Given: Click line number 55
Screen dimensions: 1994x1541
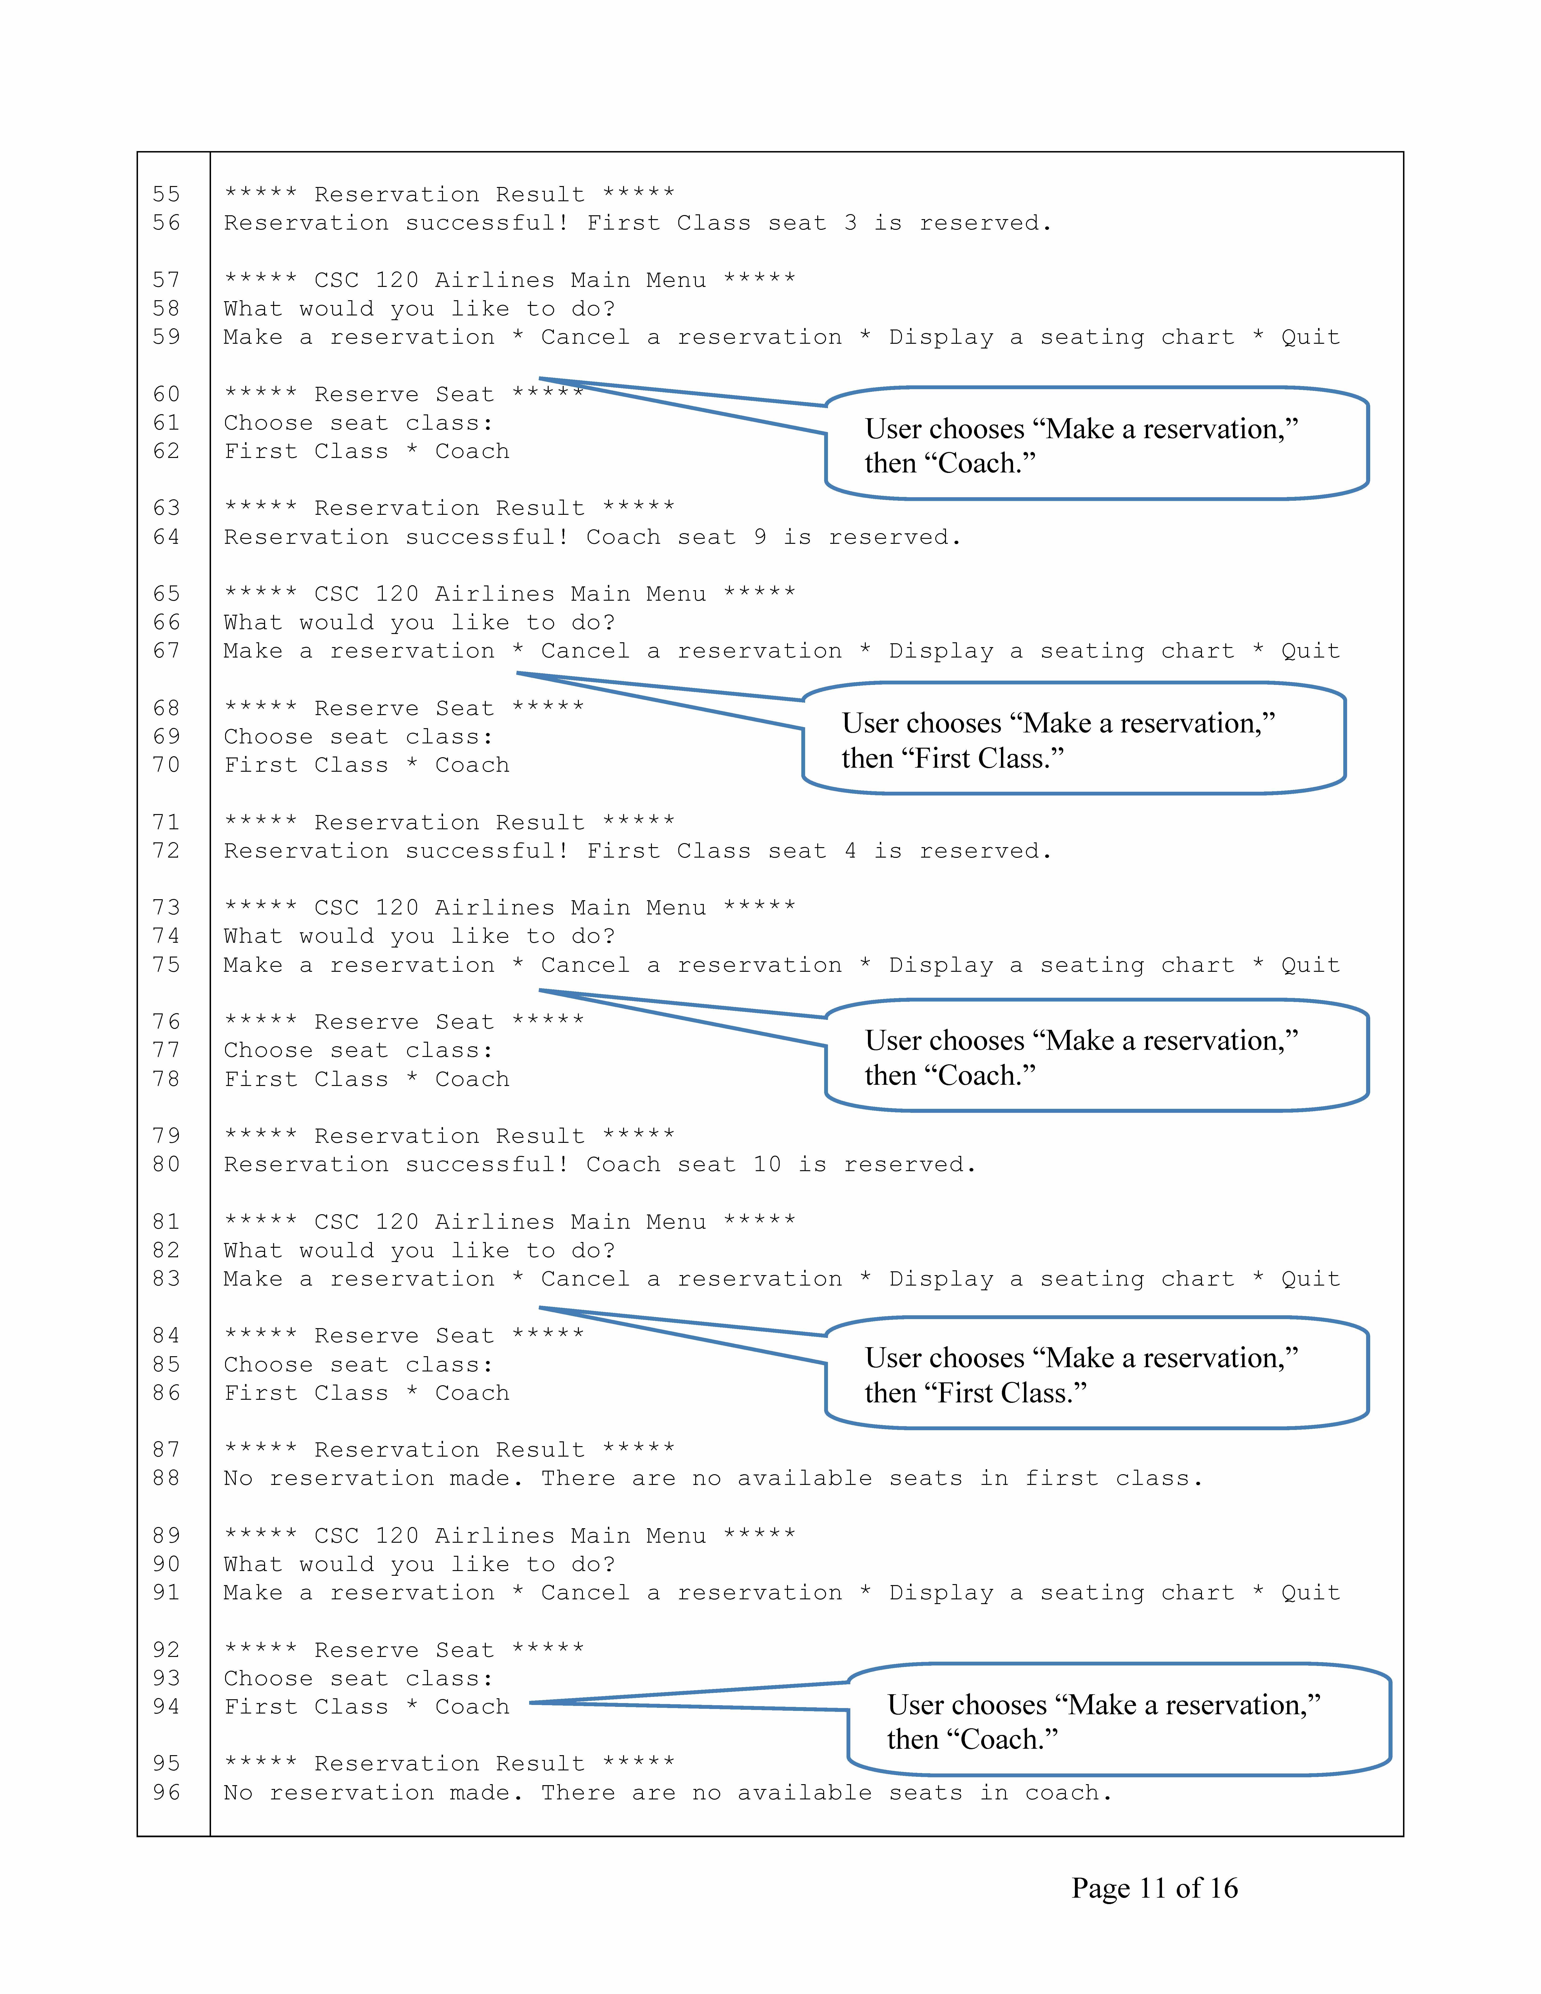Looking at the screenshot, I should point(166,194).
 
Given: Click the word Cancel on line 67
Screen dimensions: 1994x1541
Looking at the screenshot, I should point(585,651).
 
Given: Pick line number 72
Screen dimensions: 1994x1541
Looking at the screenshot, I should point(166,851).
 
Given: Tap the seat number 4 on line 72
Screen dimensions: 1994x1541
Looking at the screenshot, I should point(850,851).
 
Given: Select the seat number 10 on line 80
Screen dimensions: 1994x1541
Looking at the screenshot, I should point(767,1165).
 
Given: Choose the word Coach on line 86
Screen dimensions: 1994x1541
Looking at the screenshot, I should point(472,1393).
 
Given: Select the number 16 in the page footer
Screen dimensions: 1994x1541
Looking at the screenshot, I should point(1222,1888).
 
